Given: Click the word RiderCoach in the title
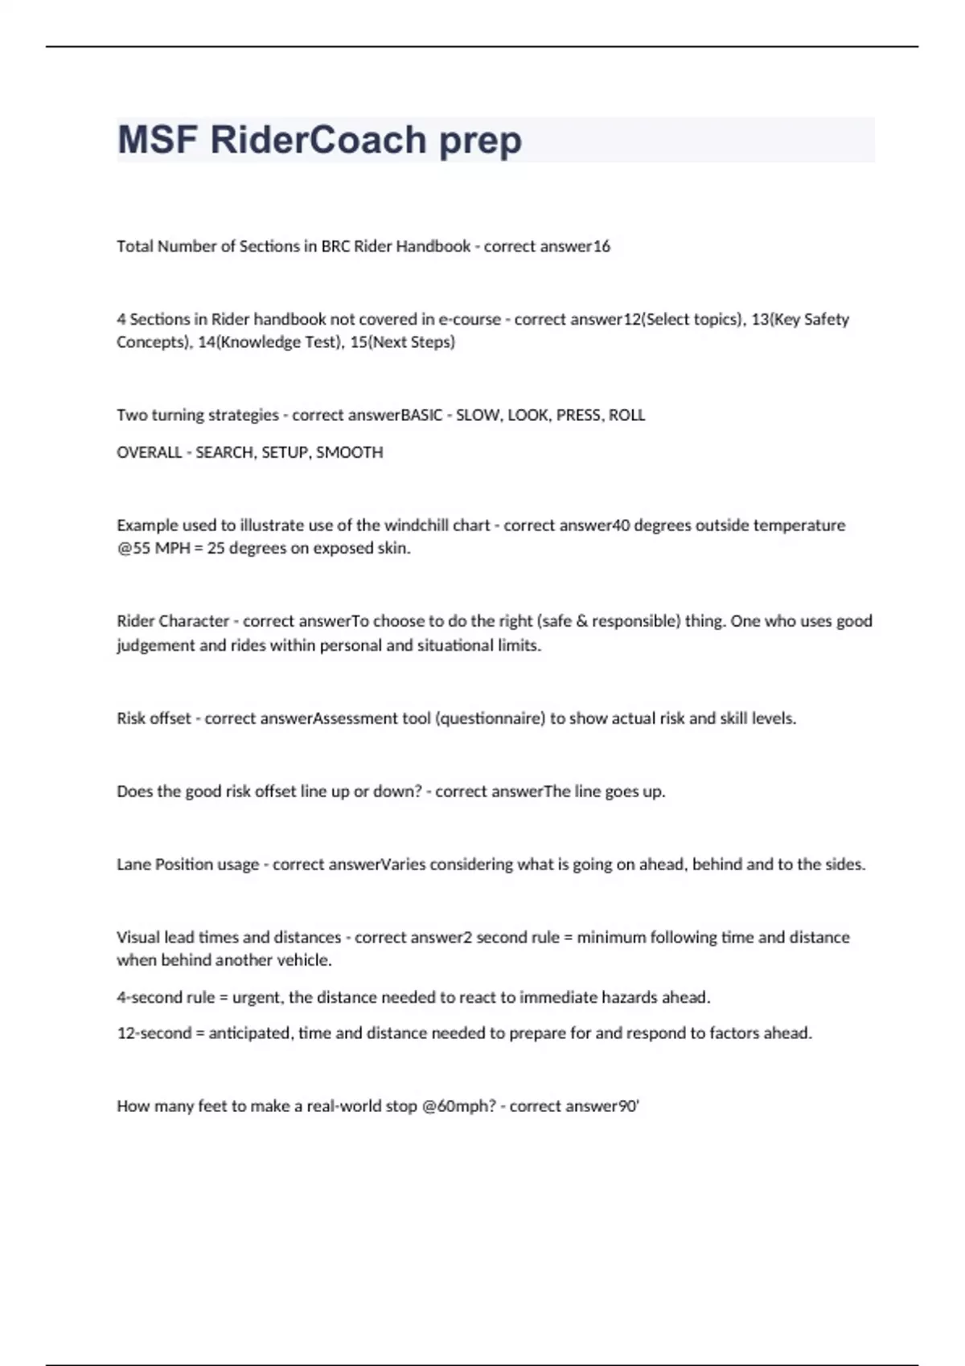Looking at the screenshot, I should click(x=318, y=140).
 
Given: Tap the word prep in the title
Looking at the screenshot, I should click(x=480, y=141).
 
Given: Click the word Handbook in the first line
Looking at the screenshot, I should click(x=433, y=246).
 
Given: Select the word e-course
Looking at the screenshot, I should click(x=469, y=319).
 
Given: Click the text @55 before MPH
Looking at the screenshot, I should click(x=133, y=548).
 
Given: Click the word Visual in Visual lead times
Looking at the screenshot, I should click(x=138, y=937).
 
